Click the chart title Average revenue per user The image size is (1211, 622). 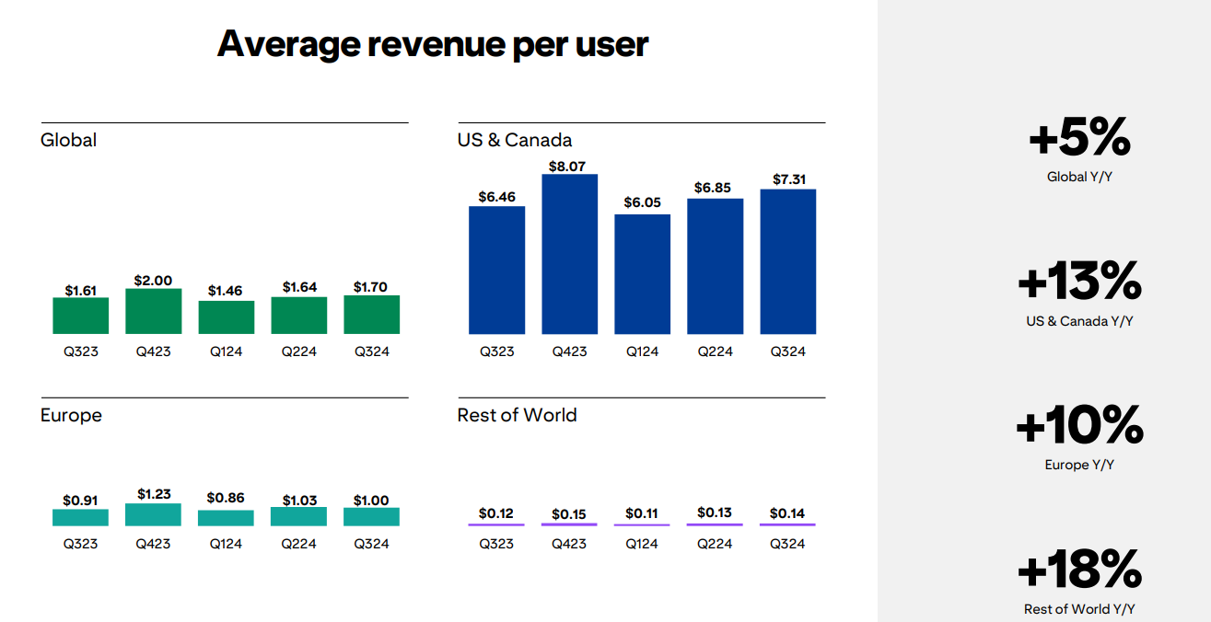(433, 44)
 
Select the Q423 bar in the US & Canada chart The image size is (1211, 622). (569, 254)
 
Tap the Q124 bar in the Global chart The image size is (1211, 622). (226, 317)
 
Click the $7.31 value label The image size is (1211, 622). (787, 179)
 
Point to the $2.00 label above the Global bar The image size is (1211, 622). (153, 281)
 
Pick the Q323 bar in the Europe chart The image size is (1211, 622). (80, 518)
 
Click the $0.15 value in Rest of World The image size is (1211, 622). (569, 514)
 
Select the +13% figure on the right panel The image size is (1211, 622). (1079, 282)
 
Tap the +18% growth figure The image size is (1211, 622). (1079, 570)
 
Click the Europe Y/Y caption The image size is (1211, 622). (1079, 465)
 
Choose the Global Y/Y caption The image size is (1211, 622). (1079, 177)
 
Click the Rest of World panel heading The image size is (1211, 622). (517, 415)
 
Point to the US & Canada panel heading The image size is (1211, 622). (514, 140)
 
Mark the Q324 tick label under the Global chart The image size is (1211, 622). (371, 351)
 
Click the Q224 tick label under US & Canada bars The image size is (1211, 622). (715, 351)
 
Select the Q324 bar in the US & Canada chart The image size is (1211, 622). (787, 261)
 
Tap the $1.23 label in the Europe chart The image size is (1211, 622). (153, 494)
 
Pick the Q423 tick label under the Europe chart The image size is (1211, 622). (153, 544)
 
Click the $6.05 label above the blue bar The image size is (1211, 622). (642, 202)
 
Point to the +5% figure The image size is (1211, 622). (1079, 138)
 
